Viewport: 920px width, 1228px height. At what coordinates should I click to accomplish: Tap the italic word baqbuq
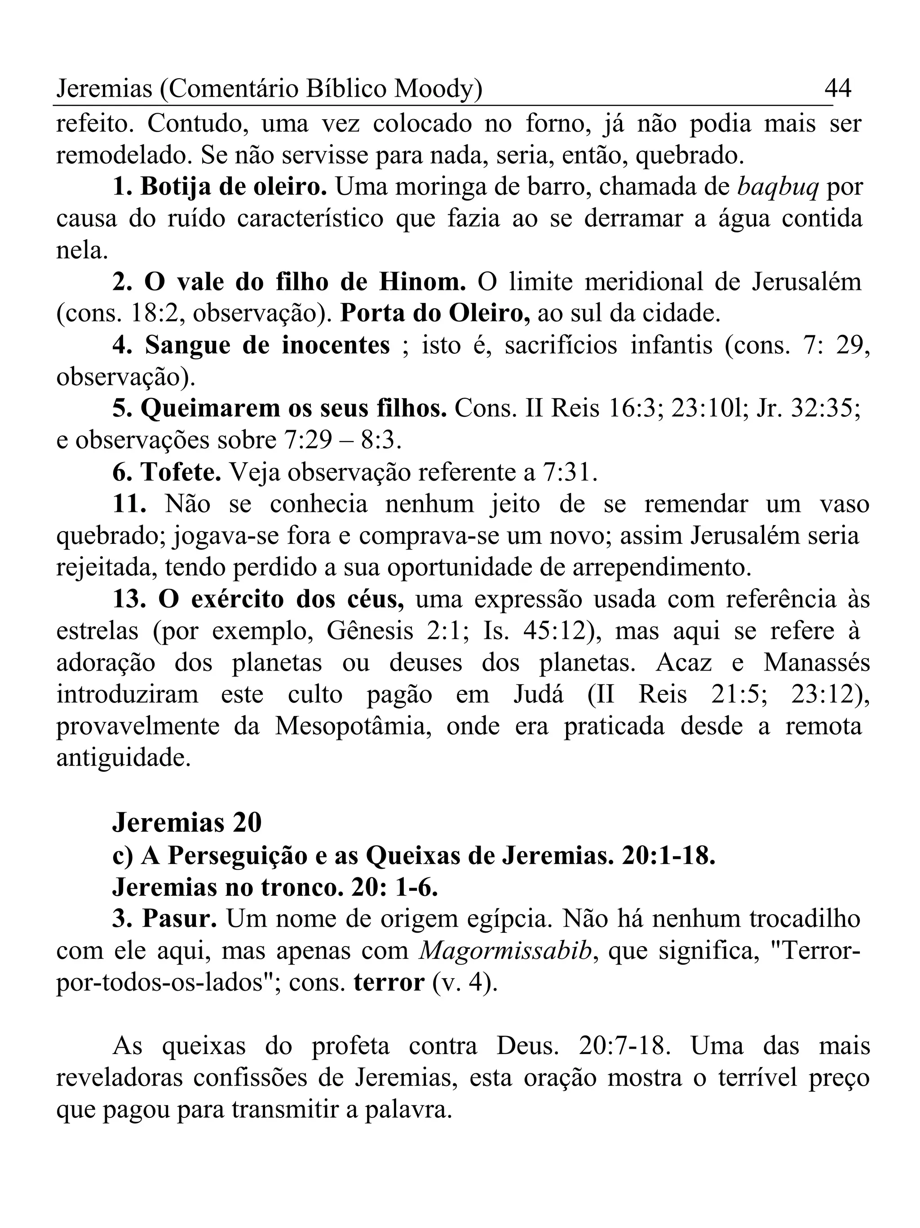[x=778, y=187]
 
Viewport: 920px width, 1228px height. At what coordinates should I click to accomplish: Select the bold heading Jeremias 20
[x=187, y=822]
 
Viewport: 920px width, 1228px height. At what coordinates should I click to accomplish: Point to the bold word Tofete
[x=180, y=472]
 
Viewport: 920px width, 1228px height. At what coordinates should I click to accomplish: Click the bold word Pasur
[x=179, y=919]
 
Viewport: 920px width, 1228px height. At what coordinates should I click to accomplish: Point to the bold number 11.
[x=129, y=504]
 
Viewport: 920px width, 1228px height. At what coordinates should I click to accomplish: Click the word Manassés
[x=816, y=663]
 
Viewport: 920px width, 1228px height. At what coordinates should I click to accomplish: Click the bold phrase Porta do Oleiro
[x=434, y=314]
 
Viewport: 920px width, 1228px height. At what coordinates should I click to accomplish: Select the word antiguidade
[x=123, y=758]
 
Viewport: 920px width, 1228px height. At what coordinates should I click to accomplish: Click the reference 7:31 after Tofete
[x=568, y=472]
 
